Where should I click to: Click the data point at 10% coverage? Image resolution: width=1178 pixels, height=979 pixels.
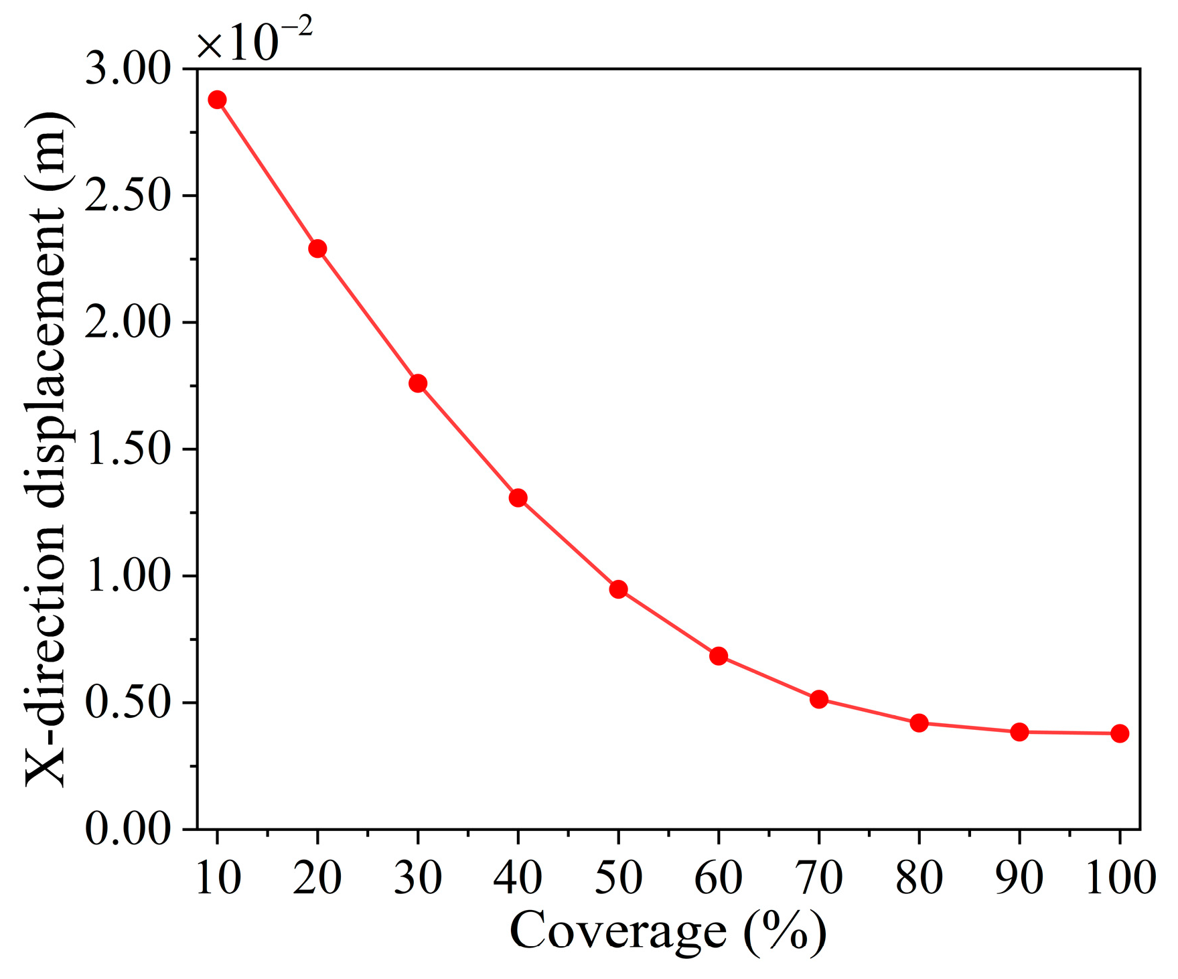[x=217, y=100]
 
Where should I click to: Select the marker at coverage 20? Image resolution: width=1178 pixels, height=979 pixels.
[x=317, y=248]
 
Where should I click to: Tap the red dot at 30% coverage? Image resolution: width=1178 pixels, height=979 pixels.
[x=418, y=383]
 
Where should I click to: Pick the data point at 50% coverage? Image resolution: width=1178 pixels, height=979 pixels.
[x=618, y=589]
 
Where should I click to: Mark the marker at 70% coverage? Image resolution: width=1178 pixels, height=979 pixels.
[x=818, y=699]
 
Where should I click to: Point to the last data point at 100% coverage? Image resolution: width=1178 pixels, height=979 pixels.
[x=1119, y=733]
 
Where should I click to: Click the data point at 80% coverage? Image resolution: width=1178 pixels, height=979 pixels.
[x=919, y=723]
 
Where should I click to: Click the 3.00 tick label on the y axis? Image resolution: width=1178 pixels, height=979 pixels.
[x=128, y=70]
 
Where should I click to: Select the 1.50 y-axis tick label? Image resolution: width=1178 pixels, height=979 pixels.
[x=128, y=449]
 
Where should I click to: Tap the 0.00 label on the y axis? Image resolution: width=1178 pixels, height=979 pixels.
[x=128, y=830]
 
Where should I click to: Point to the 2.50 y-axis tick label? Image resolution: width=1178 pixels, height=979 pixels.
[x=128, y=196]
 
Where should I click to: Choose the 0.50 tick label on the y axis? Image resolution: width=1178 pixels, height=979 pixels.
[x=128, y=703]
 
